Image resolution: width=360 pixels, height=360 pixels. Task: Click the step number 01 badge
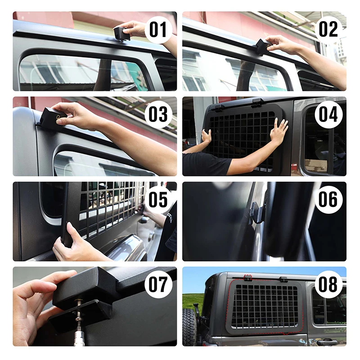click(158, 30)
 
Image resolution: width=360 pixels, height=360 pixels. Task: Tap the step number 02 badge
click(328, 29)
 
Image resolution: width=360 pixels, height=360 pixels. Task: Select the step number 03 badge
click(158, 115)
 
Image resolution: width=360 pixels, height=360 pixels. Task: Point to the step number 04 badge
click(328, 115)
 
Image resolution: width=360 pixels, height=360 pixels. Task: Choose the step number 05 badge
click(158, 199)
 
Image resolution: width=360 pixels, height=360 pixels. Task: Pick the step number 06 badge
click(328, 199)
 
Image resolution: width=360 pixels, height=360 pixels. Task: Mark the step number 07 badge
click(158, 285)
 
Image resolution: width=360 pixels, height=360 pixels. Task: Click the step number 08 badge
click(328, 285)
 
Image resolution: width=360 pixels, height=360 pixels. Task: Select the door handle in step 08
click(327, 342)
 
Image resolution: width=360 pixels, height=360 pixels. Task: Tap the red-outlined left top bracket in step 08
click(247, 278)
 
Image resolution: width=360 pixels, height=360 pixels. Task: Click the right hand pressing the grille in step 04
click(279, 131)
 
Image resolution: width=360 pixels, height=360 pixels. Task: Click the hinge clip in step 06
click(256, 212)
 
